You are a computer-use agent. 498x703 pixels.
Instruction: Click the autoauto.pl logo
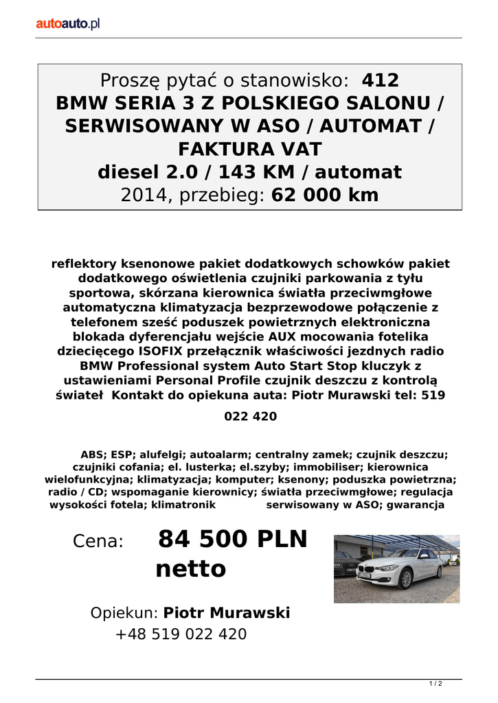[x=69, y=24]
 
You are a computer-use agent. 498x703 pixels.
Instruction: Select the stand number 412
[x=380, y=81]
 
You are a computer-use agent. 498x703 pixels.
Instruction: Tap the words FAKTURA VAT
[x=249, y=149]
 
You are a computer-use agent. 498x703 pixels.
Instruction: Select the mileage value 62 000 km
[x=325, y=195]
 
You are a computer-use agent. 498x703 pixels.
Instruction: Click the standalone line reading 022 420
[x=250, y=417]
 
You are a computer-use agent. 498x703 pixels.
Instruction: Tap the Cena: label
[x=98, y=542]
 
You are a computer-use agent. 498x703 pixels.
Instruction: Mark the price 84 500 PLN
[x=233, y=540]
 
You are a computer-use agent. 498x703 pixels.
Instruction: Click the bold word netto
[x=191, y=569]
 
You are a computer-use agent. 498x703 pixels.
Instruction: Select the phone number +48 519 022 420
[x=181, y=634]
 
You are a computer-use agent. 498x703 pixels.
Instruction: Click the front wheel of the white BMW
[x=406, y=581]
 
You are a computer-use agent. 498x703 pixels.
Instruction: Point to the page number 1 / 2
[x=435, y=684]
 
